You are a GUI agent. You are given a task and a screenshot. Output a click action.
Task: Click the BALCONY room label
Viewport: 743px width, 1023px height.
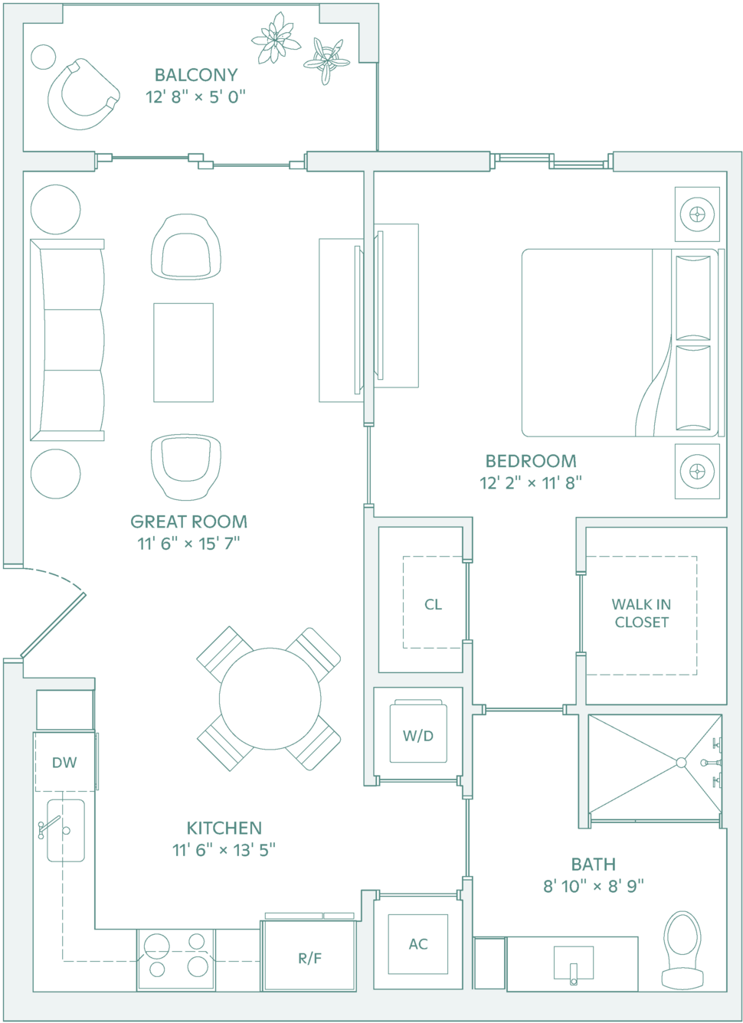[196, 75]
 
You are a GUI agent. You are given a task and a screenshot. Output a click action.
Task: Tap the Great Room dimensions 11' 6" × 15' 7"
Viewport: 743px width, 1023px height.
[188, 544]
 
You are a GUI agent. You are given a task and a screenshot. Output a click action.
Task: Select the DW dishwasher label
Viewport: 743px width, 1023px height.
[64, 762]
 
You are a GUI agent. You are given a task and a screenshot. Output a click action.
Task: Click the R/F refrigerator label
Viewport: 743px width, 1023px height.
[309, 958]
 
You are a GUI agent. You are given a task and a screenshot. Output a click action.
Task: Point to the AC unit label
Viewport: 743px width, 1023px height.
[418, 943]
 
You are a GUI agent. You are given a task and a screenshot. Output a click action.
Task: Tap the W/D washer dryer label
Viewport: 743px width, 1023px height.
[418, 735]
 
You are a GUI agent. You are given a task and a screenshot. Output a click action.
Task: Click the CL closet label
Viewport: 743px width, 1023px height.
[434, 604]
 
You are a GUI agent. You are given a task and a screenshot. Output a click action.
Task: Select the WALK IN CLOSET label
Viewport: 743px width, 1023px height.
[642, 613]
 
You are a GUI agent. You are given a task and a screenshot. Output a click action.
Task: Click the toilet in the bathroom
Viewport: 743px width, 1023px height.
[682, 950]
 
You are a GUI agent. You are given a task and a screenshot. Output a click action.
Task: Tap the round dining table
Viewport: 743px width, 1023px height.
[270, 698]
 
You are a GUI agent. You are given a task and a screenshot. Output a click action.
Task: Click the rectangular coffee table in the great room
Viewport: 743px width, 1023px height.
[183, 352]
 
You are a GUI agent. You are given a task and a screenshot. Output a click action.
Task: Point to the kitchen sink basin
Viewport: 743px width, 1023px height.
[66, 830]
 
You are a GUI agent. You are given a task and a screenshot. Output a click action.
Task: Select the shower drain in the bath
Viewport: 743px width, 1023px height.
[681, 762]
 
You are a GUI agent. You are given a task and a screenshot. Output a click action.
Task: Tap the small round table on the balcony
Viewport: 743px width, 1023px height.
[44, 57]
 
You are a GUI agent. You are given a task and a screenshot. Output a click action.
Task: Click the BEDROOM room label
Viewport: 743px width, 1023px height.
[531, 461]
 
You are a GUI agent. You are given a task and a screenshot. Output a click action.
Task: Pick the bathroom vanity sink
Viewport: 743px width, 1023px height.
[574, 963]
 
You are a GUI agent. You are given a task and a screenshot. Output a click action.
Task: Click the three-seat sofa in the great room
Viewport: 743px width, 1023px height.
[67, 340]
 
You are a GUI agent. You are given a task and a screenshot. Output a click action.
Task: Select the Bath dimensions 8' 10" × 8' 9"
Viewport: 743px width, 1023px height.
[593, 886]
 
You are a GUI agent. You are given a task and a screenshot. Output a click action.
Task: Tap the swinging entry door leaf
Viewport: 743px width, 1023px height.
[53, 625]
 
